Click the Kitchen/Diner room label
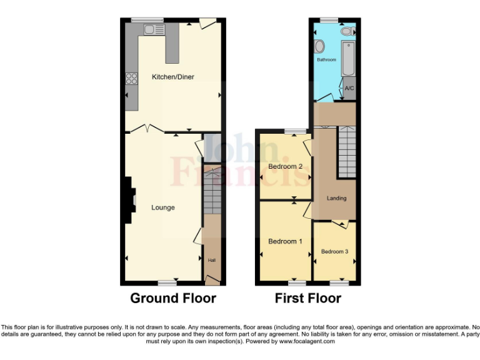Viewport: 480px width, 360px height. click(x=173, y=77)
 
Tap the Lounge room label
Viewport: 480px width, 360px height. click(x=163, y=207)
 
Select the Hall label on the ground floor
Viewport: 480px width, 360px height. click(x=211, y=260)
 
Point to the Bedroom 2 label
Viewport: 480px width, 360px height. click(x=285, y=167)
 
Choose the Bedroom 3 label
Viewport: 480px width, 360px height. click(x=334, y=251)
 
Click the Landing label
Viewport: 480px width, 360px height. click(x=336, y=198)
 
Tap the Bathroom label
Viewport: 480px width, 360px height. click(x=326, y=60)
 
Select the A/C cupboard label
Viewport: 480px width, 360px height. click(x=349, y=88)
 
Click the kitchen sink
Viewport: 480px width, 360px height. click(x=153, y=29)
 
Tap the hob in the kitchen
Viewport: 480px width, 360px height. click(x=131, y=79)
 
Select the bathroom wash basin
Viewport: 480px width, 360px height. click(x=320, y=46)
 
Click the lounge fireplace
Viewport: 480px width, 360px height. click(x=130, y=199)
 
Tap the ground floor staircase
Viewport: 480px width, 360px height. click(x=212, y=191)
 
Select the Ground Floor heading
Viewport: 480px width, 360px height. click(x=173, y=298)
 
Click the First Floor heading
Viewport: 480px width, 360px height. click(x=308, y=298)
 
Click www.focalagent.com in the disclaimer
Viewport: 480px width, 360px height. click(x=304, y=341)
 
